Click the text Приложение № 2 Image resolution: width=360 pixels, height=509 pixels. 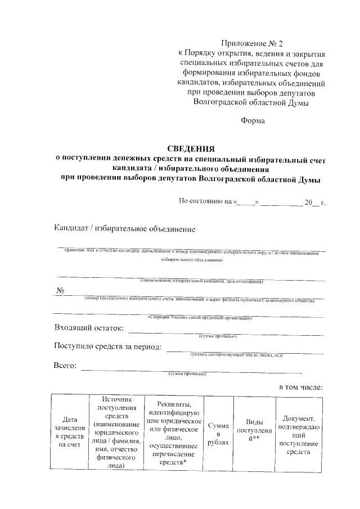[x=250, y=43]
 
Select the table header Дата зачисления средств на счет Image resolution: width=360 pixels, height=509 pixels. [x=70, y=432]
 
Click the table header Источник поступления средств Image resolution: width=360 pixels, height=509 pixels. [x=117, y=432]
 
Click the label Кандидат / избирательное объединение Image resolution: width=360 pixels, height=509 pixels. [x=124, y=229]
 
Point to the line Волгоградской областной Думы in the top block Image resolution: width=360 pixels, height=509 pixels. [x=250, y=102]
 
